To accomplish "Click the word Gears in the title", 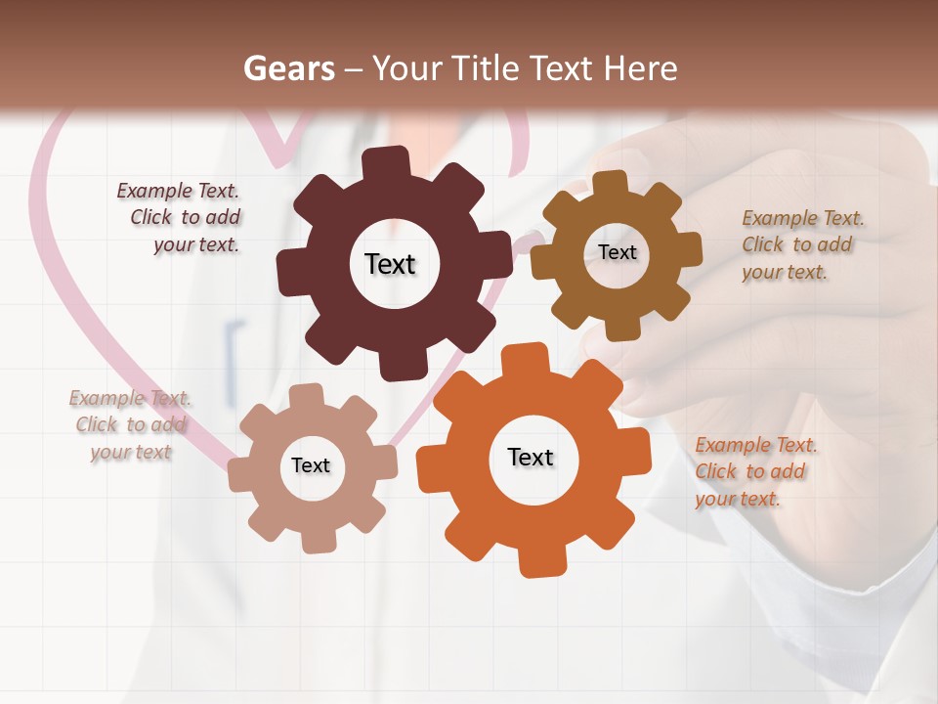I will pyautogui.click(x=288, y=68).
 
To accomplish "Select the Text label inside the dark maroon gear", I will pyautogui.click(x=390, y=264).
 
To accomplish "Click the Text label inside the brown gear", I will pyautogui.click(x=618, y=252).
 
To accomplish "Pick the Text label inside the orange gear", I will pyautogui.click(x=531, y=457).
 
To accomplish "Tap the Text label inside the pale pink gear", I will pyautogui.click(x=311, y=465).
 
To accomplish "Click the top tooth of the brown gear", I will pyautogui.click(x=611, y=184).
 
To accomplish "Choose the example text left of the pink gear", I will pyautogui.click(x=131, y=424).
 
